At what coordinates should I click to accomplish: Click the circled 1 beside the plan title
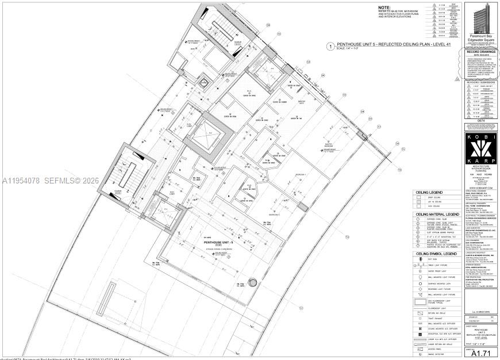tap(330, 47)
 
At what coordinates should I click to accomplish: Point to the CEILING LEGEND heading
tap(429, 192)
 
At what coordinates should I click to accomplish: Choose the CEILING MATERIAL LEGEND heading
tap(437, 215)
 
